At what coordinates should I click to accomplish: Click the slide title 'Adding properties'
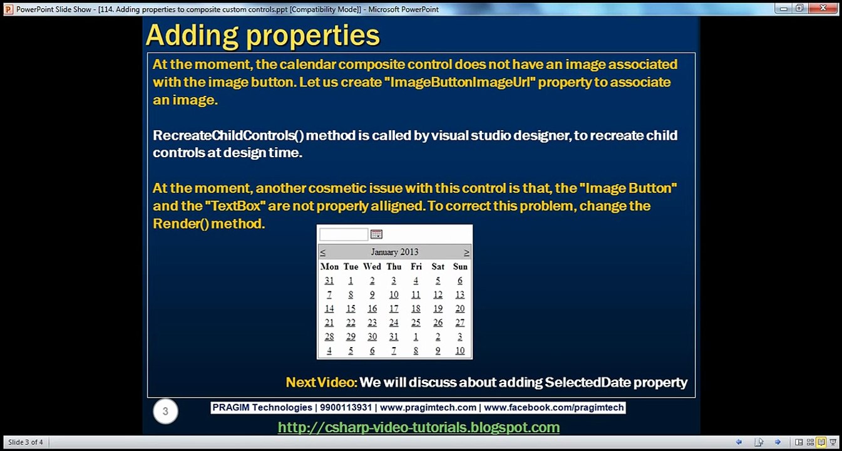pos(262,36)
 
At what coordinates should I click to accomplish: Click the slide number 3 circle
pos(165,412)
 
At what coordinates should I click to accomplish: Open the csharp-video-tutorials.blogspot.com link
pos(418,427)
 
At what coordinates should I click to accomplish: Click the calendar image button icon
pos(376,234)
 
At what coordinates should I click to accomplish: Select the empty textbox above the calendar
pos(344,234)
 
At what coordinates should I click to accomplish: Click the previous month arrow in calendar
pos(323,252)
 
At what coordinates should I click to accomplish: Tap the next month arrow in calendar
pos(466,252)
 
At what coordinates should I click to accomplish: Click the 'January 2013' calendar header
pos(394,252)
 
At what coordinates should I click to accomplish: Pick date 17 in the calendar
pos(394,309)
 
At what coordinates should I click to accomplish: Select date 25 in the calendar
pos(416,323)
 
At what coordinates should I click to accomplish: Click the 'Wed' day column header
pos(372,266)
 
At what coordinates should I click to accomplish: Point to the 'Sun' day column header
pos(460,266)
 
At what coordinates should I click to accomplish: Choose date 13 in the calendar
pos(460,294)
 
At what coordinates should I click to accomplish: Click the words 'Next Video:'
pos(321,382)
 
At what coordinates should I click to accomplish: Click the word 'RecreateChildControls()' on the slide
pos(228,135)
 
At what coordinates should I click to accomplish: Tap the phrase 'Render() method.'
pos(209,224)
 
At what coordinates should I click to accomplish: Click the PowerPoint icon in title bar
pos(8,9)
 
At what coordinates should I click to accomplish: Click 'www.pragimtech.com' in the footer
pos(428,408)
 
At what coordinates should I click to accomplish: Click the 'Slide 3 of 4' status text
pos(26,442)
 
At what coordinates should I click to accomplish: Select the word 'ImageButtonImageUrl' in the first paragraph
pos(463,82)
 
